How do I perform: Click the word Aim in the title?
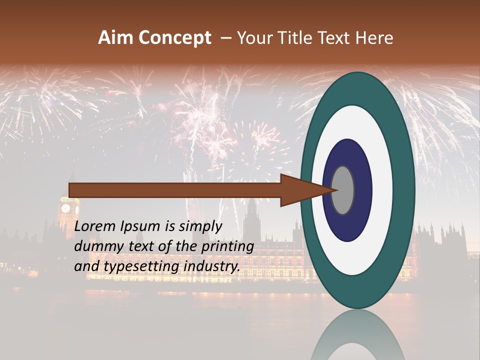click(x=116, y=38)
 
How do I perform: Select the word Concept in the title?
click(x=174, y=38)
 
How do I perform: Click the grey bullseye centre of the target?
click(x=342, y=190)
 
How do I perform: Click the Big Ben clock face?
click(x=65, y=207)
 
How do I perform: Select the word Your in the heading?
click(x=253, y=38)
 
